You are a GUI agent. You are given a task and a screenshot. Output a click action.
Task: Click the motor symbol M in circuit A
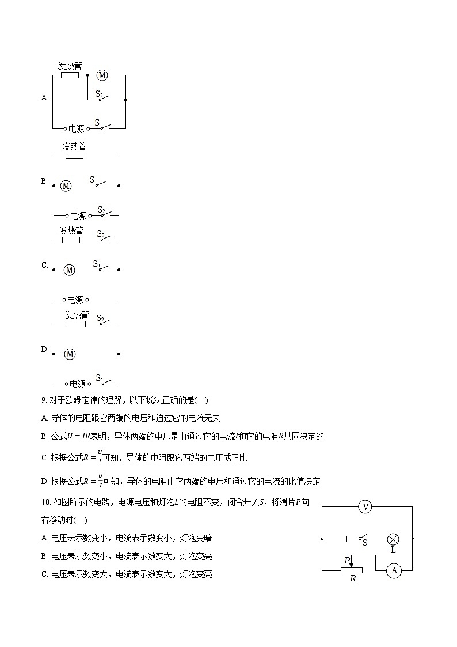coord(102,75)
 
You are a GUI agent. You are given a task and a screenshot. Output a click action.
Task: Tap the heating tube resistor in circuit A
coord(70,75)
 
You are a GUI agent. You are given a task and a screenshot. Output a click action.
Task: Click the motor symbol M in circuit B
coord(66,186)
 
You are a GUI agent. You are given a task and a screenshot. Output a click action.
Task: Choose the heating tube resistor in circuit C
coord(71,240)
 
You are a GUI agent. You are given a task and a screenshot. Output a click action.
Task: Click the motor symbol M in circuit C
coord(70,270)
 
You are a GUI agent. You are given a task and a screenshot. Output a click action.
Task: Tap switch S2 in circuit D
coord(104,321)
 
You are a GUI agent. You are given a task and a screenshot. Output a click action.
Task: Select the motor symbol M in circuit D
coord(70,354)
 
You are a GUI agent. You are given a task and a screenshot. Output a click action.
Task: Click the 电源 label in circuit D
coord(77,384)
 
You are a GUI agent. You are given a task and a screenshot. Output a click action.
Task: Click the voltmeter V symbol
coord(365,507)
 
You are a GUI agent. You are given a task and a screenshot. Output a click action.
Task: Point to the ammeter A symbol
coord(394,570)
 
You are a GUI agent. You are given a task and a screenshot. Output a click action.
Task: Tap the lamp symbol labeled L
coord(393,539)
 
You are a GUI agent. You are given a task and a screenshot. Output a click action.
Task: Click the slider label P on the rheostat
coord(347,560)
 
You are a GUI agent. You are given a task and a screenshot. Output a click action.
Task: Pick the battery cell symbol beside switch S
coord(349,539)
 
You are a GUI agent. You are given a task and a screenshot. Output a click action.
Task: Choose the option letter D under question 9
coord(44,482)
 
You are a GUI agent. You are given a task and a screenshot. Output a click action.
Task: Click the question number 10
coord(45,502)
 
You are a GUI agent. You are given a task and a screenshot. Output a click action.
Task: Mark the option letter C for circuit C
coord(44,266)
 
